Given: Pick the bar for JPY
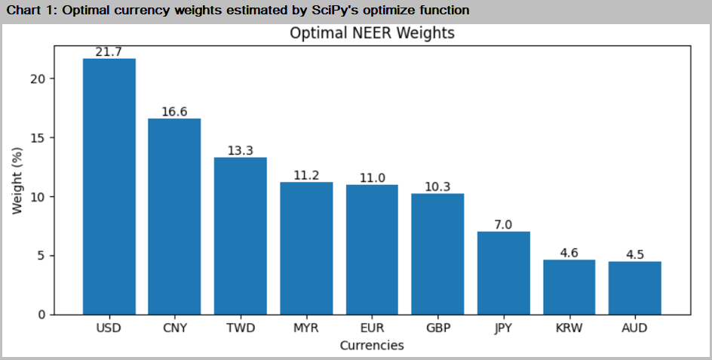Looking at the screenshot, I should click(504, 272).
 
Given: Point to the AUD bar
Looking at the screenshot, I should click(635, 288).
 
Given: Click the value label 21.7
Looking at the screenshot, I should click(109, 51).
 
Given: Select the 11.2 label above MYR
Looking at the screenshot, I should click(306, 175).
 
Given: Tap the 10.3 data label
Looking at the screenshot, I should click(437, 186).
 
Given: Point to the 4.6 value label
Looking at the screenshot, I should click(569, 253).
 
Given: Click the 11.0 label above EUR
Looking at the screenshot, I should click(372, 177).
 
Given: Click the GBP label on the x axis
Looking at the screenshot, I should click(437, 328).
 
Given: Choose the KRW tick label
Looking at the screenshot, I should click(569, 328).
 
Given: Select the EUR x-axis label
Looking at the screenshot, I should click(372, 328).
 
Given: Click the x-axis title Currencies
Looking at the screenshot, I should click(372, 346).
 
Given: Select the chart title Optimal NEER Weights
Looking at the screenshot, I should click(372, 34).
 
